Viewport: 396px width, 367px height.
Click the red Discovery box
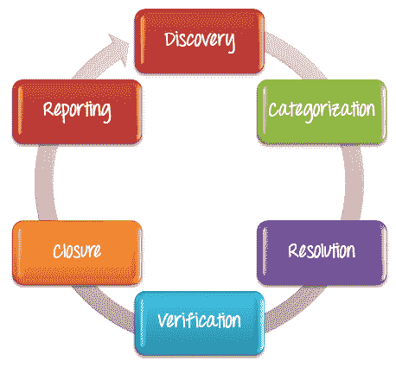[199, 41]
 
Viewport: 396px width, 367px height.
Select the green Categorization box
[322, 111]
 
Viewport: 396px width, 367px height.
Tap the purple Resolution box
[322, 253]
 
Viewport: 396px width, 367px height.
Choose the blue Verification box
[199, 323]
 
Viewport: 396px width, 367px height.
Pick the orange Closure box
[77, 253]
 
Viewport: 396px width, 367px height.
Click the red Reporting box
[77, 111]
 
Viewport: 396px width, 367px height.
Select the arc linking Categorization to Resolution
[354, 182]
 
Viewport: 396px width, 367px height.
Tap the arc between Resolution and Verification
[297, 308]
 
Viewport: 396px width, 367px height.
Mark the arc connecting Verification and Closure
[102, 308]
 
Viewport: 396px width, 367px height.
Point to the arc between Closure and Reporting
[45, 182]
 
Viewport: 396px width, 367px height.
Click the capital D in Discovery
[170, 39]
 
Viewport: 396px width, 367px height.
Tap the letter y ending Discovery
[230, 43]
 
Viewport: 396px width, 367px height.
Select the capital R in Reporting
[49, 109]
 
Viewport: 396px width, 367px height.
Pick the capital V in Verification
[164, 320]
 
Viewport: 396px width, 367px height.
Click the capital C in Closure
[58, 250]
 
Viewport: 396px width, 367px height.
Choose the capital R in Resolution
[294, 250]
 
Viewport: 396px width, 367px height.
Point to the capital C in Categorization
[273, 110]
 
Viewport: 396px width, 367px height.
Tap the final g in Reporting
[105, 113]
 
